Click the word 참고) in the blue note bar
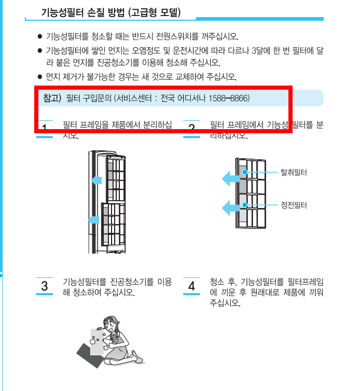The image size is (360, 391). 52,97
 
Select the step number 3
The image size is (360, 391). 45,286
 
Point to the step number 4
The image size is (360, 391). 191,286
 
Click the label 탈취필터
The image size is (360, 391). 294,172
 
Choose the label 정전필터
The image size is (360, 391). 294,205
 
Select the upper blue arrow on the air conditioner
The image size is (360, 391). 95,180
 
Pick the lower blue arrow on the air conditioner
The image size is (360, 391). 93,220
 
